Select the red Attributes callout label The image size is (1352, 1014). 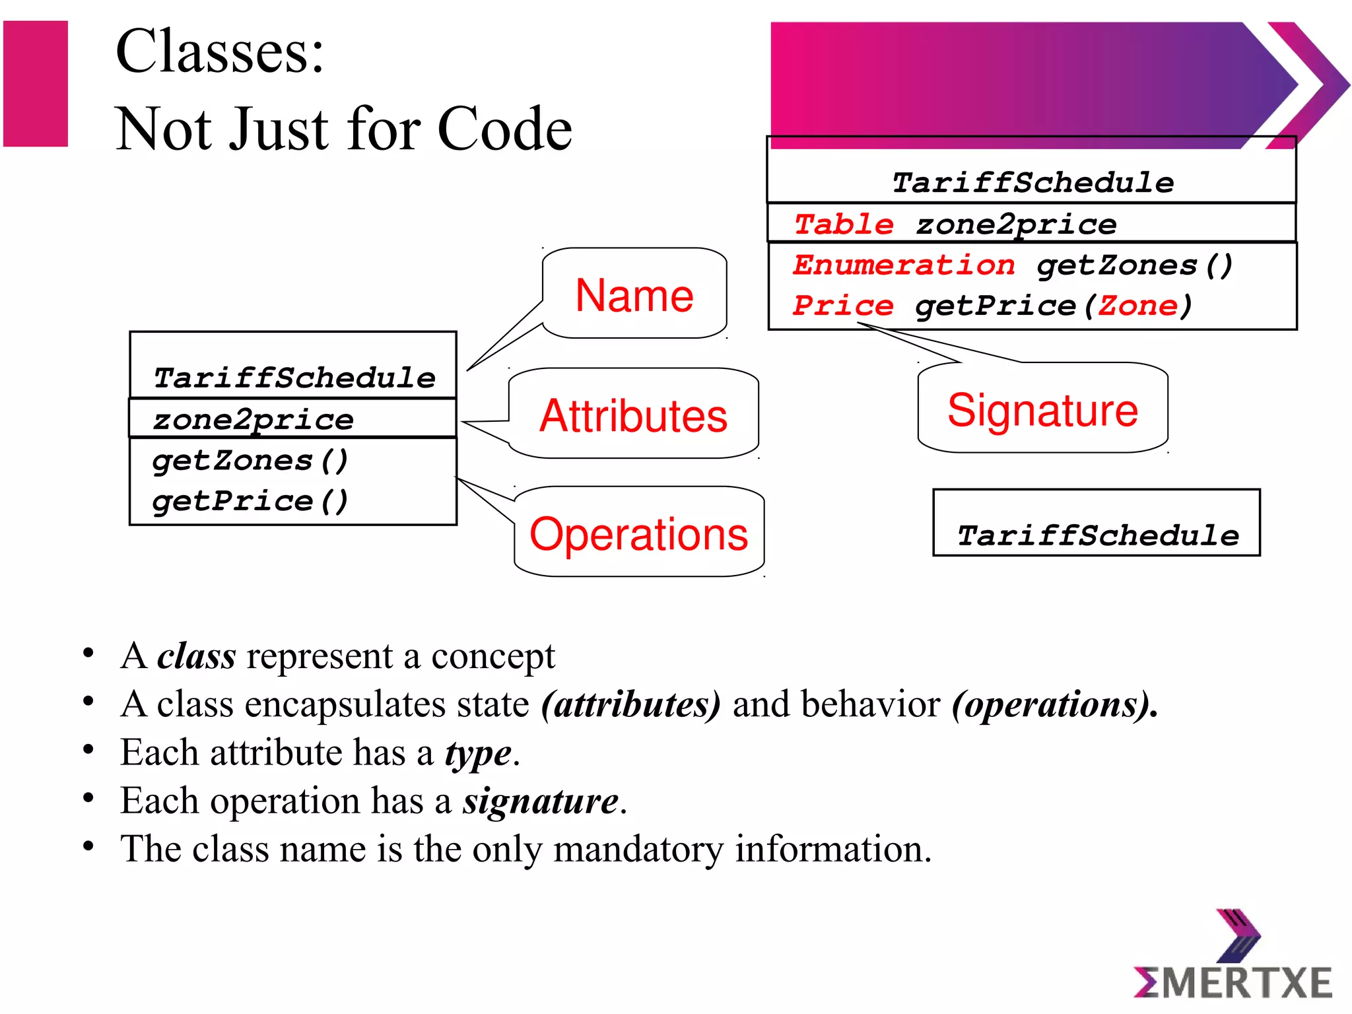[633, 416]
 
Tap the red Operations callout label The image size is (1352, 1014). [638, 533]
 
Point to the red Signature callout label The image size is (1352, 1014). [1042, 410]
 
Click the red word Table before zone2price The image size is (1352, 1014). [843, 224]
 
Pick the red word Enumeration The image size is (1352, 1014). [904, 265]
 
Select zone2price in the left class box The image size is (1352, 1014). [253, 420]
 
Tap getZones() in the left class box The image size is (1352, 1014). [250, 460]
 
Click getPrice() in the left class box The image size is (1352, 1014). [250, 501]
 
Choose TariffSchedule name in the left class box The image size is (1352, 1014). [294, 378]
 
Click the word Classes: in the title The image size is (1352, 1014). [220, 51]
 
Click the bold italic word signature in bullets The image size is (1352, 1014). [540, 801]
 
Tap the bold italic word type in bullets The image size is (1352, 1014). [478, 753]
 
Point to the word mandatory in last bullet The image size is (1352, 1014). [638, 849]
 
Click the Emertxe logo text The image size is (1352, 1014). [1233, 983]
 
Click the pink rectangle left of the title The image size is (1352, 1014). [36, 83]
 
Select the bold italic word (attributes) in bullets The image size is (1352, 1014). [630, 704]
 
